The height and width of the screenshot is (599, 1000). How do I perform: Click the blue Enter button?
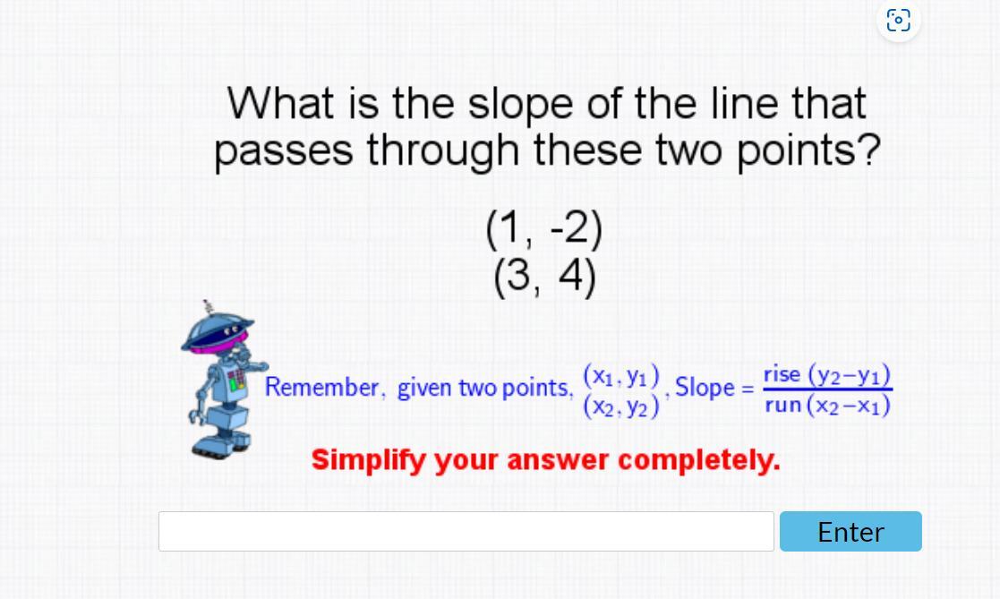850,531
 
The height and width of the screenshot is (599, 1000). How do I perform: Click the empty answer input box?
466,531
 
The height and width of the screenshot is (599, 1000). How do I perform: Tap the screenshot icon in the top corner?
899,21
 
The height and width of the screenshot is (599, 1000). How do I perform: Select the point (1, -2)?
544,229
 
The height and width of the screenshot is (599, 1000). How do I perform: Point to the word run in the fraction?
783,405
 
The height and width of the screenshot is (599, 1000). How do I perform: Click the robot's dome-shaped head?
218,334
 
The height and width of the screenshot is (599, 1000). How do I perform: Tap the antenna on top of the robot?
208,307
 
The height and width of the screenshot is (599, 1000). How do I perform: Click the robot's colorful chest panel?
236,380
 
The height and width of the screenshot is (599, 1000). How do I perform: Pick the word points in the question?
809,150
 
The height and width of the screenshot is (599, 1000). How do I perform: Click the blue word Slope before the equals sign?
705,387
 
